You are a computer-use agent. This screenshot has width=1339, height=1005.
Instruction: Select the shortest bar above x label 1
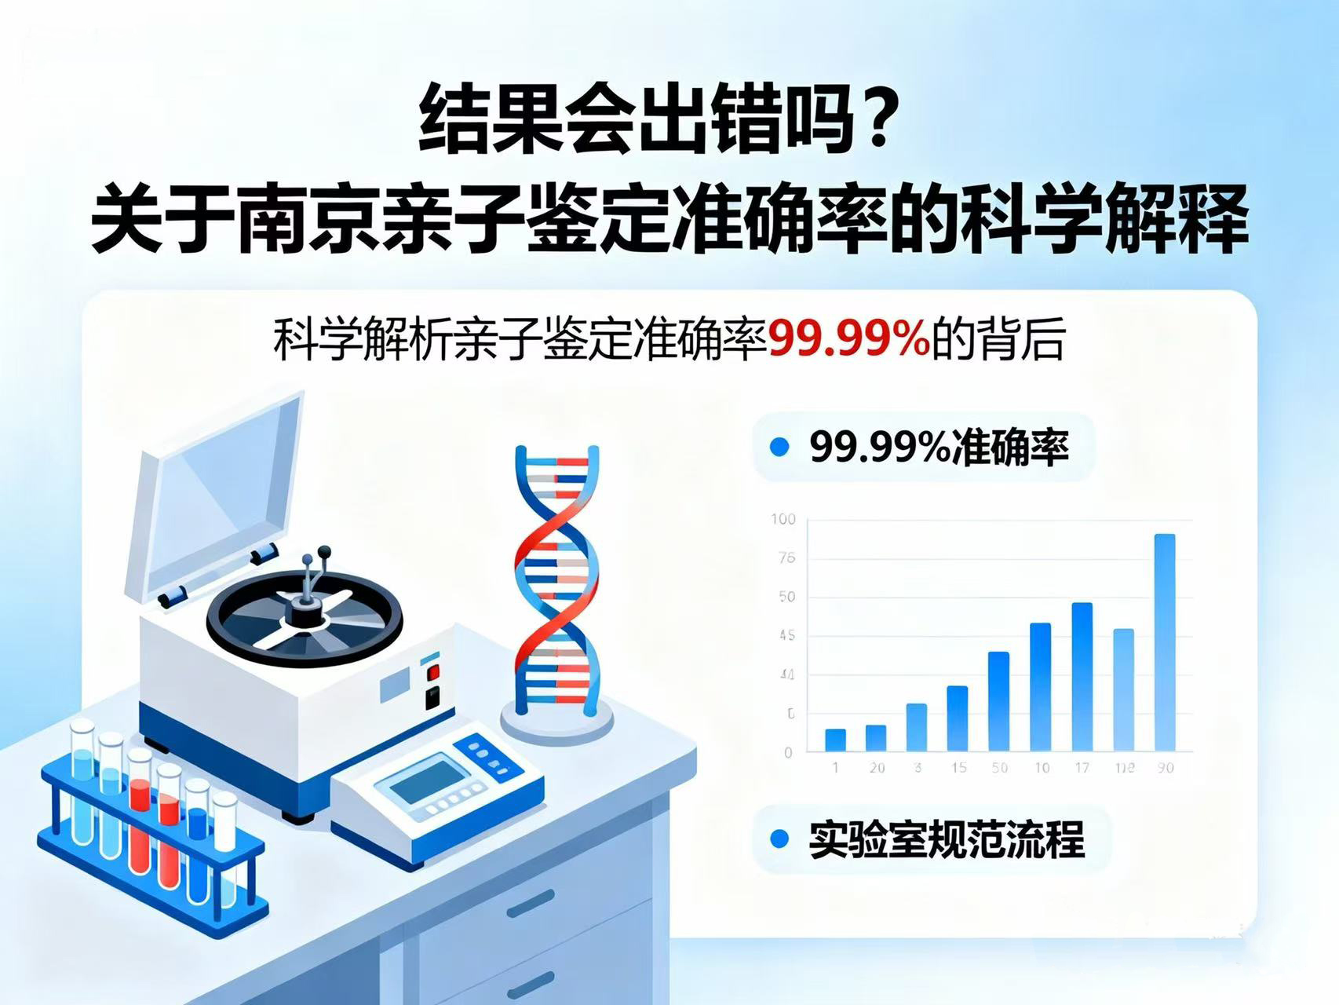pos(835,740)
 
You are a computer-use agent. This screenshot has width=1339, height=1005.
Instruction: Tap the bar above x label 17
pos(1082,676)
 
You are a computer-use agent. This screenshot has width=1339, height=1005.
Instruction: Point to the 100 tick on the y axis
pos(783,519)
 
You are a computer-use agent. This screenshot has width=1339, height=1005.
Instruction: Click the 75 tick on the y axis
pos(786,558)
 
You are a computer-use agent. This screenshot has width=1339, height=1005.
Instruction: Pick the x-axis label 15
pos(958,768)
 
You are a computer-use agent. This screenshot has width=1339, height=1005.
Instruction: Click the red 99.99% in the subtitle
pos(848,340)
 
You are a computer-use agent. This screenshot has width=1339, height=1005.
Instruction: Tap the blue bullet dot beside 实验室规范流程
pos(779,839)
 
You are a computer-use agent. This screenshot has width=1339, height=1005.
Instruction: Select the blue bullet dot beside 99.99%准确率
pos(779,448)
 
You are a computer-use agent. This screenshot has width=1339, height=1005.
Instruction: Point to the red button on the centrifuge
pos(433,672)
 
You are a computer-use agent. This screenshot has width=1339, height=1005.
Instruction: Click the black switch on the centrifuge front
pos(432,698)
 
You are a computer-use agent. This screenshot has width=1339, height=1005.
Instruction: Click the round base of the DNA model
pos(557,722)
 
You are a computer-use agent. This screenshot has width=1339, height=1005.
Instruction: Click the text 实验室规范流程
pos(947,839)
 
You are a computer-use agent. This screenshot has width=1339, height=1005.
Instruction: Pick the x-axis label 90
pos(1165,768)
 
